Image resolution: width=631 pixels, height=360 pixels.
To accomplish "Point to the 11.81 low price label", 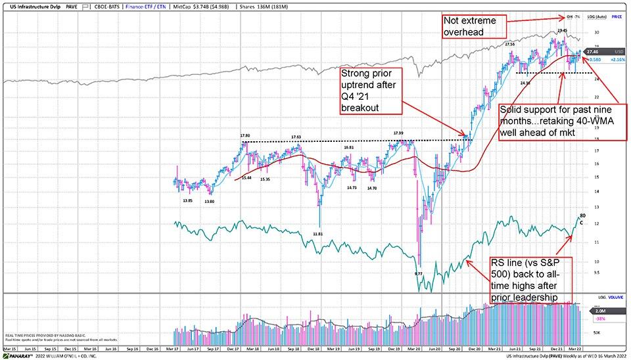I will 318,233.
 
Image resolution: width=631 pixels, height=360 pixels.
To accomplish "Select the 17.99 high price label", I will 398,133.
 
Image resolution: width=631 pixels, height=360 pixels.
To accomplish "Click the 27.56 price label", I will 509,44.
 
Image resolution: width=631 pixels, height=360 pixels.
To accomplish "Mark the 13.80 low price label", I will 210,200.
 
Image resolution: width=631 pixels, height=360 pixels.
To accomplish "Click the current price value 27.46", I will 594,51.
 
